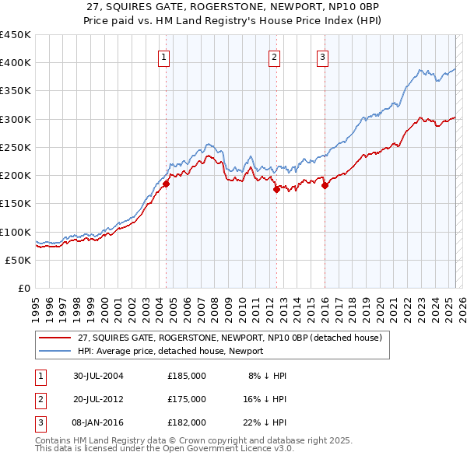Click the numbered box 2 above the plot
click(275, 55)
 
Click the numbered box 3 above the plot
click(322, 55)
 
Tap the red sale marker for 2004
click(166, 184)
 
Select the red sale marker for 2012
click(276, 189)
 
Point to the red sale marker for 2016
click(324, 185)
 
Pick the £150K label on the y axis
click(16, 203)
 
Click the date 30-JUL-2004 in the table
click(97, 376)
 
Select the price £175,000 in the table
click(187, 399)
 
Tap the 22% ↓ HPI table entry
click(265, 422)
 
